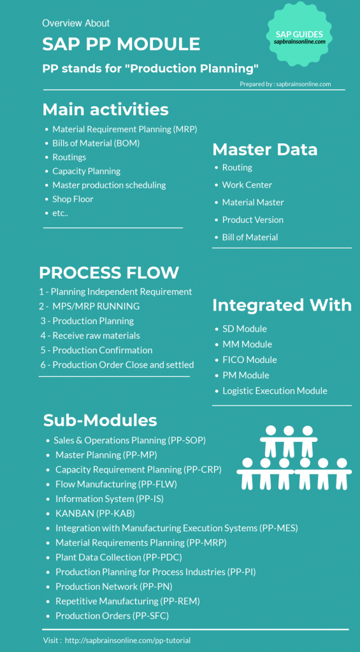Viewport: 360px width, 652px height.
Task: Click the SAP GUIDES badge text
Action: click(x=299, y=34)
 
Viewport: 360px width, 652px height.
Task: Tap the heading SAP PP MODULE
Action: click(x=121, y=44)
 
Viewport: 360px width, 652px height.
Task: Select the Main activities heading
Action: click(x=105, y=110)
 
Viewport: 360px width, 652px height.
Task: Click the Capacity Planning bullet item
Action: click(x=86, y=171)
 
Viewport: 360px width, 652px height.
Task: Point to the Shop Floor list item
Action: click(x=73, y=199)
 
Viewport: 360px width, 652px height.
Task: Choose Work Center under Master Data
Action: click(x=247, y=185)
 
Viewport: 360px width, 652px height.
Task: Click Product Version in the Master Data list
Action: click(x=252, y=220)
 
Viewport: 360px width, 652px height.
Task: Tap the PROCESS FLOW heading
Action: click(x=108, y=273)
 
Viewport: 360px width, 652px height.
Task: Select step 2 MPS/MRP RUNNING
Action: click(x=89, y=306)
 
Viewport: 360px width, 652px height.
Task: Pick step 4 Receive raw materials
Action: click(x=90, y=336)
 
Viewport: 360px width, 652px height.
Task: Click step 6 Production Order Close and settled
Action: click(x=117, y=365)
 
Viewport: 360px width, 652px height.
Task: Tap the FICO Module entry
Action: click(x=250, y=360)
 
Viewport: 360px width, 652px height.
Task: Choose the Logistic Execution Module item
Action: click(x=275, y=391)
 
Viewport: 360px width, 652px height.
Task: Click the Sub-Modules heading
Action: click(x=100, y=420)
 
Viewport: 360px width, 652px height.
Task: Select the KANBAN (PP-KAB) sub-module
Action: click(x=96, y=514)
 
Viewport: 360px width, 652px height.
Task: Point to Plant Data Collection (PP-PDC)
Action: click(x=119, y=557)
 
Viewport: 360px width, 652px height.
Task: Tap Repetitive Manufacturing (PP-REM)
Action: click(x=128, y=601)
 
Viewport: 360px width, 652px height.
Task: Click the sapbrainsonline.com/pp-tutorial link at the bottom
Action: click(x=128, y=641)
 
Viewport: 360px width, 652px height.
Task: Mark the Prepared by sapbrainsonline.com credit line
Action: click(x=285, y=84)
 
